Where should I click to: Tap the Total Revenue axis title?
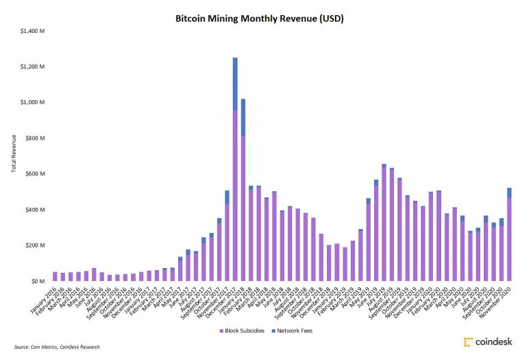coord(14,154)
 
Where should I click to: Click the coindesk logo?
coord(488,341)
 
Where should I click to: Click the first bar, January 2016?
coord(55,276)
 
